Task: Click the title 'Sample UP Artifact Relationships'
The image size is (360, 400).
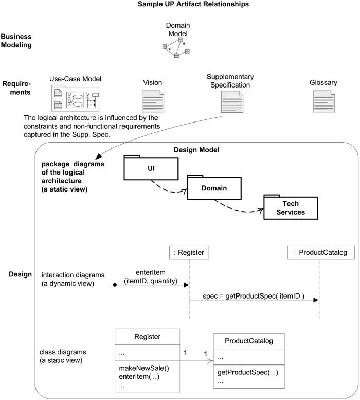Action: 186,4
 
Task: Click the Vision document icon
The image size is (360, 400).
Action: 153,101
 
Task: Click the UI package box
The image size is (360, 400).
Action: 151,168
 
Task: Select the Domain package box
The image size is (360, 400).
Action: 213,190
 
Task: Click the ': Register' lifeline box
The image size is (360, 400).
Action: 189,252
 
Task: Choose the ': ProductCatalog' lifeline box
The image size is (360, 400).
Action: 321,252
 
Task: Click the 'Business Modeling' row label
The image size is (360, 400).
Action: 16,41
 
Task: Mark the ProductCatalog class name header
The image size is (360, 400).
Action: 249,340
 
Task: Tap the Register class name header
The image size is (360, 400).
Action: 147,337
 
